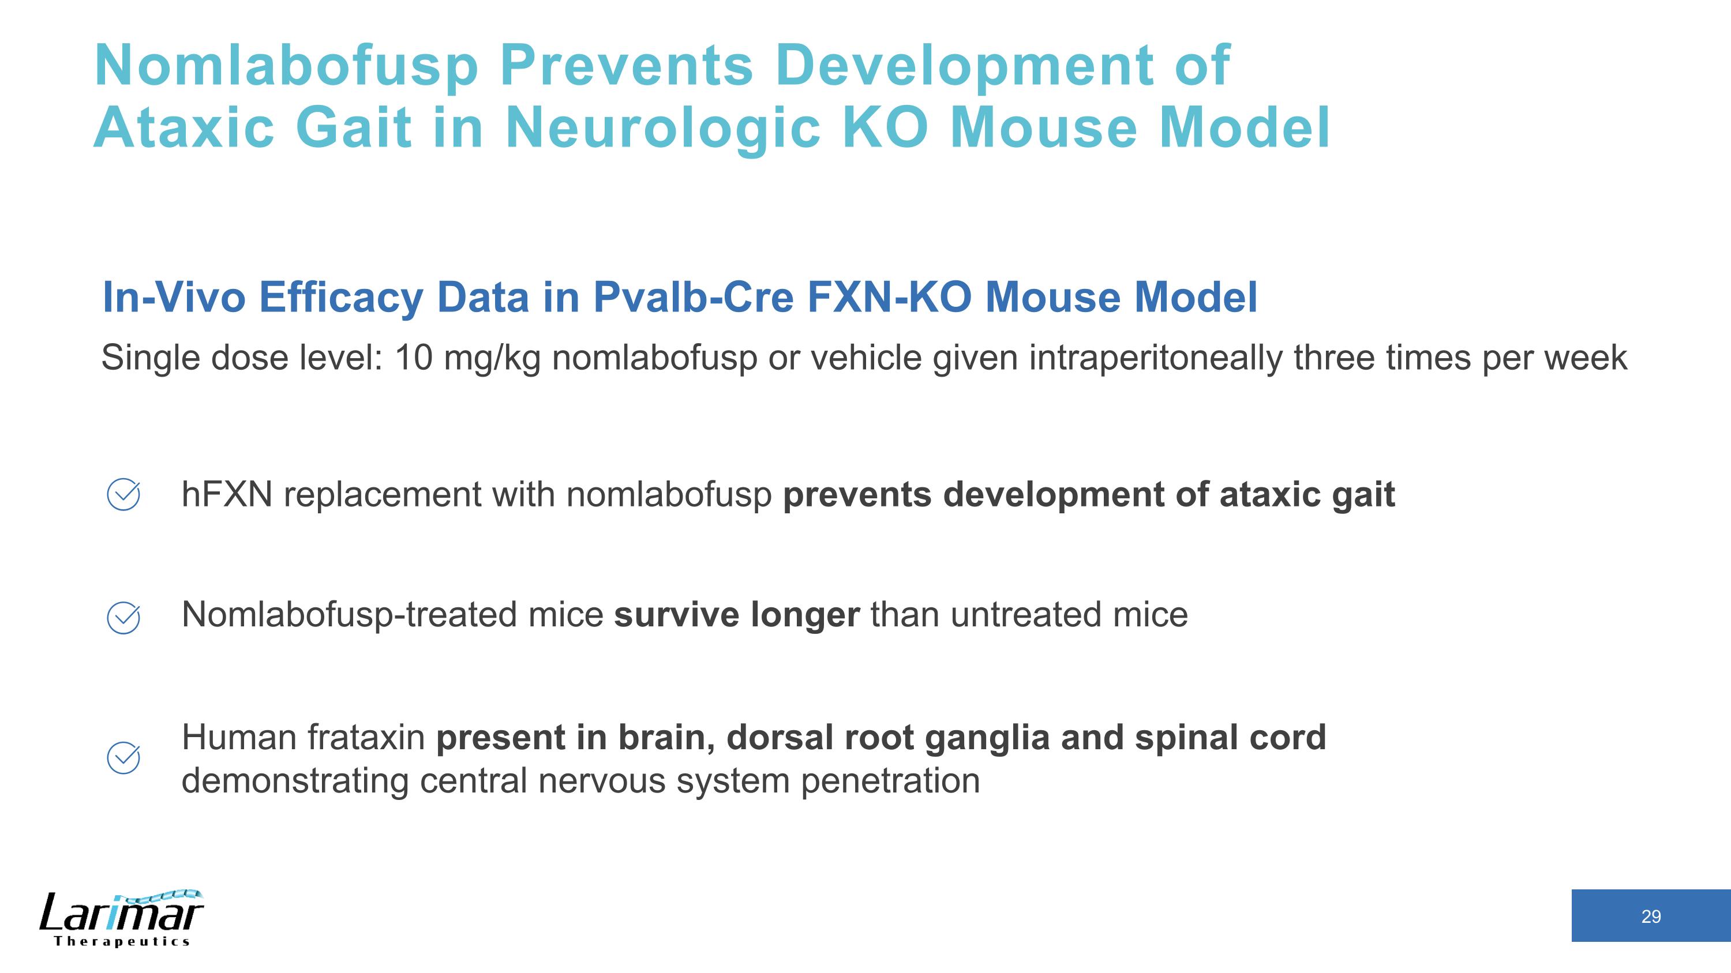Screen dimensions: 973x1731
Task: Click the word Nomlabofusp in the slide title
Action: [286, 66]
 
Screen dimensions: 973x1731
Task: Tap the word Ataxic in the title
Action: [184, 127]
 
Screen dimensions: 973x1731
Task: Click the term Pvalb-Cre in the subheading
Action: [693, 297]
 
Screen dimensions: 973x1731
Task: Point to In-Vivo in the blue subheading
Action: [173, 297]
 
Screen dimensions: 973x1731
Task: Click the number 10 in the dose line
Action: [413, 357]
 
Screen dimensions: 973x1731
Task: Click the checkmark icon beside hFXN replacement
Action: [123, 495]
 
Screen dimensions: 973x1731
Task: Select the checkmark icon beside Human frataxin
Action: [123, 758]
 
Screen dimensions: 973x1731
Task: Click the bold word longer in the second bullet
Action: [804, 615]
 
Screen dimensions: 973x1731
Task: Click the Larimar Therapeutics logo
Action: [121, 919]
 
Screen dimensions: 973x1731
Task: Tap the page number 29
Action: [1650, 916]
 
